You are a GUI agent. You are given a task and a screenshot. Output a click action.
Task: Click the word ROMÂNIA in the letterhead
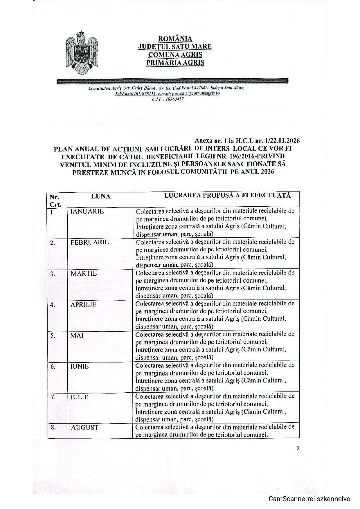click(x=175, y=39)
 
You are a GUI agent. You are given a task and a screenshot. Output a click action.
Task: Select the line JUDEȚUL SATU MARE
click(x=175, y=46)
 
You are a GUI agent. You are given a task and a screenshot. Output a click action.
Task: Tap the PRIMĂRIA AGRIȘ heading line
click(x=175, y=62)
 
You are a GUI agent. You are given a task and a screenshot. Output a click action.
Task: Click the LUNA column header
click(x=100, y=196)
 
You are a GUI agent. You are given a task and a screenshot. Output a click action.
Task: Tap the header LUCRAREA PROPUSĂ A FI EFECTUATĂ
click(x=227, y=195)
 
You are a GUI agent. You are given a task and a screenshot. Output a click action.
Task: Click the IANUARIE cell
click(x=87, y=211)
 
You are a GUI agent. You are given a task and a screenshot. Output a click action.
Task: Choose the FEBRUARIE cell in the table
click(x=89, y=242)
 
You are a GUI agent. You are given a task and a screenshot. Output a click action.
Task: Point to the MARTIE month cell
click(x=84, y=273)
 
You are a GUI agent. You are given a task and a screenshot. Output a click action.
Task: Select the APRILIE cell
click(x=83, y=304)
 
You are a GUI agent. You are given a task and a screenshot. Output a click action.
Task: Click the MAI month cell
click(x=77, y=335)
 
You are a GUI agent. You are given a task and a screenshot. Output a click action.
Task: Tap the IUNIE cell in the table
click(x=80, y=367)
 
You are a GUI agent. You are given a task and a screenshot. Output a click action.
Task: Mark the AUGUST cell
click(x=84, y=427)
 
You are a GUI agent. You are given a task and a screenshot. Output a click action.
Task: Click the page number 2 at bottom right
click(x=298, y=448)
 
